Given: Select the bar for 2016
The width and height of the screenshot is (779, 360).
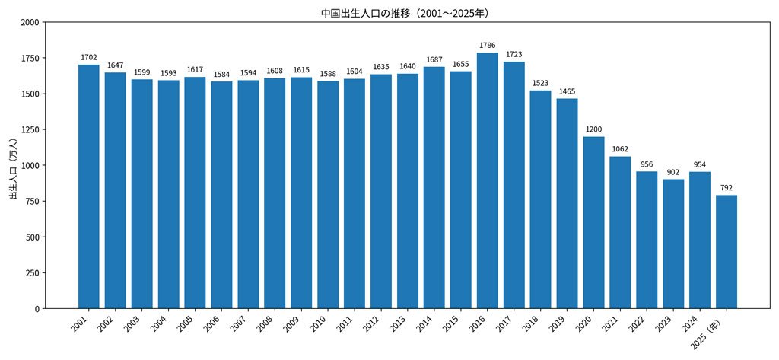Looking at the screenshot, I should tap(488, 180).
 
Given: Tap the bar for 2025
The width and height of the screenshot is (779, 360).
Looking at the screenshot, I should tap(727, 251).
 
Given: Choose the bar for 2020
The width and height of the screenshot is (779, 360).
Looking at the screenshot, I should tap(593, 222).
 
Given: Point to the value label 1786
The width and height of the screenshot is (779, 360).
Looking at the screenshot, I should tap(488, 46).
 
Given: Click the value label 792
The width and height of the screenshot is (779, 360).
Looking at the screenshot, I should tap(727, 188).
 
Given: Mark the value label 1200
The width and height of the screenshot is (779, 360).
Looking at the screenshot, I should tap(593, 129).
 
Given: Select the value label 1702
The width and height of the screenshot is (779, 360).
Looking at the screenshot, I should tap(89, 58).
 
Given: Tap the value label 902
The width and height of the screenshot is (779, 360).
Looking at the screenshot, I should tap(673, 172).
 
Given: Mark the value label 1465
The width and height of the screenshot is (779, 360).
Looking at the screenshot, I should tap(567, 91).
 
